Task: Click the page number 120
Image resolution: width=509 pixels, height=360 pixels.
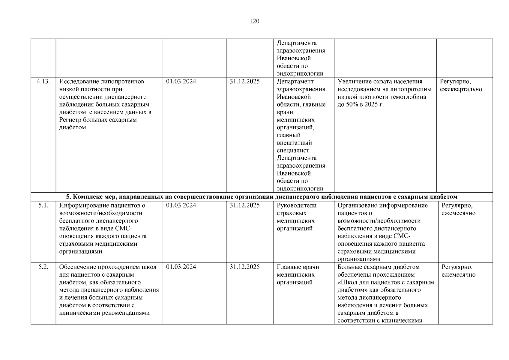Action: click(x=254, y=21)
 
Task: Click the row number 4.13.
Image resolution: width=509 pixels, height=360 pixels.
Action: click(x=43, y=82)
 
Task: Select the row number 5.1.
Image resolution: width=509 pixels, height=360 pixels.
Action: click(x=43, y=205)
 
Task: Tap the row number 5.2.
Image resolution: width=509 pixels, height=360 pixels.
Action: click(x=43, y=267)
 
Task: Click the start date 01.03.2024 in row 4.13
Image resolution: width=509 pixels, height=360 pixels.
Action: click(x=181, y=82)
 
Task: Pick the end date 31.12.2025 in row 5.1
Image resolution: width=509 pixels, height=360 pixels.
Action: click(x=244, y=205)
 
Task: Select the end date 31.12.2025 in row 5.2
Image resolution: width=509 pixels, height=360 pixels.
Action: click(x=244, y=267)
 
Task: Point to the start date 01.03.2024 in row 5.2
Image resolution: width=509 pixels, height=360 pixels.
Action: click(x=181, y=267)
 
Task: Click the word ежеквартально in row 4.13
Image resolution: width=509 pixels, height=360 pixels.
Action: click(x=461, y=89)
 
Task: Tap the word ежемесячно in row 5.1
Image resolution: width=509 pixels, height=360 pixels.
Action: click(x=458, y=213)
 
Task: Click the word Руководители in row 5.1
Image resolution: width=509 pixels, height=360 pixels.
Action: click(x=296, y=205)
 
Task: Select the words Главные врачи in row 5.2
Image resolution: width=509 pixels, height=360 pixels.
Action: click(x=298, y=267)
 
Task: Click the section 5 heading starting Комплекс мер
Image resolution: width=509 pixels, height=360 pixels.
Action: click(x=262, y=197)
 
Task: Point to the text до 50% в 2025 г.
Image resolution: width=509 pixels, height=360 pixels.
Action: click(x=360, y=105)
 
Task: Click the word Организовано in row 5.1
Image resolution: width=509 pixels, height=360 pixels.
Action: click(x=356, y=205)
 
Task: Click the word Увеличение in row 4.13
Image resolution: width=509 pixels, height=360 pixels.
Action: click(x=353, y=82)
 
